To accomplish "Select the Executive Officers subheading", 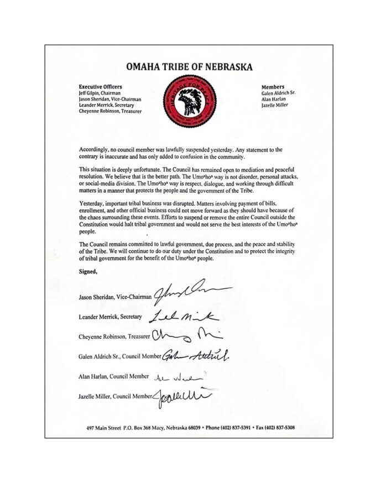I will [101, 87].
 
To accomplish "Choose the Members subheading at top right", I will [272, 87].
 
